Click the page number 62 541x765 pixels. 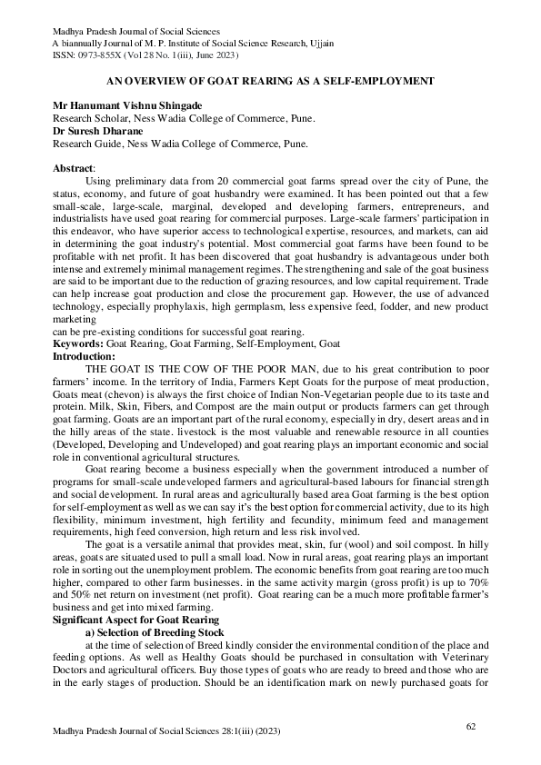[x=471, y=725]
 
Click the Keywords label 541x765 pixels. [x=79, y=344]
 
